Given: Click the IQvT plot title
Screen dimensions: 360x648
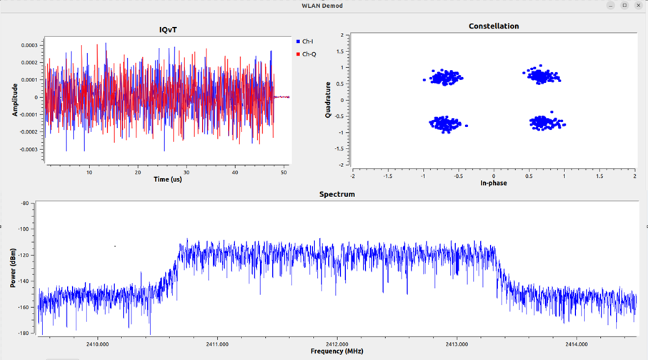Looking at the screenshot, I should tap(168, 29).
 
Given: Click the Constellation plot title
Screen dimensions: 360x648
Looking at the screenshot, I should tap(494, 26).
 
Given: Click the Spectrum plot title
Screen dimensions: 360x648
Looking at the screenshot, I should tap(337, 194).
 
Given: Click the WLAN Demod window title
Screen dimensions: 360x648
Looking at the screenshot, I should tap(324, 6).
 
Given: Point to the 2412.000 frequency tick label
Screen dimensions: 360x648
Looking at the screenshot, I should tap(337, 343).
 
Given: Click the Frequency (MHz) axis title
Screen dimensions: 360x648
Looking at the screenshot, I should tap(337, 351).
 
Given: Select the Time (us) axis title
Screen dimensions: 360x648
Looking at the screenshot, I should tap(169, 179).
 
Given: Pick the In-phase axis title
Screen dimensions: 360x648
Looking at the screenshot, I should tap(494, 183).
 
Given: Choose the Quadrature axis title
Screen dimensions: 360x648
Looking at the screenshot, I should tap(328, 100).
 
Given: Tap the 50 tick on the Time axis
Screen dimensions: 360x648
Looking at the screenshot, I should tap(284, 172).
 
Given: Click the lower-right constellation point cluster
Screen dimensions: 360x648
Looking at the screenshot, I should tap(547, 122).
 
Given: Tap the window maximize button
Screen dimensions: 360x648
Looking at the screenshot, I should tap(624, 5).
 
